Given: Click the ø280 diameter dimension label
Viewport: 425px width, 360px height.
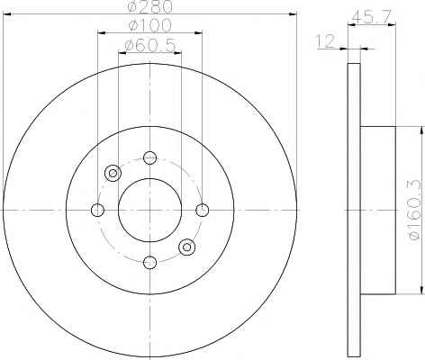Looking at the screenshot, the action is [150, 6].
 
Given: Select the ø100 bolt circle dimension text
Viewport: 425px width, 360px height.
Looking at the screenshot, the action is [149, 25].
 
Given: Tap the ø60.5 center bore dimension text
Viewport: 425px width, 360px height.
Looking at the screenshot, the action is [149, 46].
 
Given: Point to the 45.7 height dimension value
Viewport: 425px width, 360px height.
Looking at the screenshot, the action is [372, 17].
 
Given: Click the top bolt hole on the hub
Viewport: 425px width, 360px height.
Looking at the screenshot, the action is [149, 157].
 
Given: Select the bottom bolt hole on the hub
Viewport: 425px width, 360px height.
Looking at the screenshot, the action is [149, 263].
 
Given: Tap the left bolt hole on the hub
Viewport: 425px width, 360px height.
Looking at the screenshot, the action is [97, 210].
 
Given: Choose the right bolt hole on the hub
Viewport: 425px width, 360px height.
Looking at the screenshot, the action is [203, 210].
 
